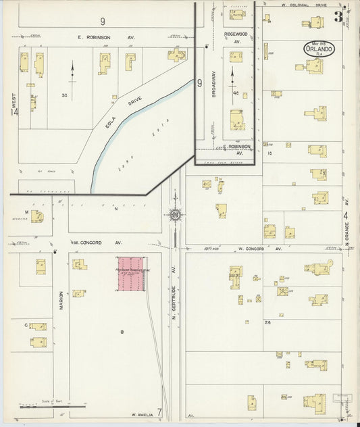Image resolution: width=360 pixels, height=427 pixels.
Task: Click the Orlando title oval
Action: pyautogui.click(x=318, y=49)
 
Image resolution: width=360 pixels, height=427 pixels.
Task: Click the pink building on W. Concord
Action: pyautogui.click(x=131, y=274)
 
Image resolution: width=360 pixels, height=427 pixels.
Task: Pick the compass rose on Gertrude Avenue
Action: pyautogui.click(x=175, y=216)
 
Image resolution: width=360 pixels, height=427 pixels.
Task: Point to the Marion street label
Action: pyautogui.click(x=61, y=299)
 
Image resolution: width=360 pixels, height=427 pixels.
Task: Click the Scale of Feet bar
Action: pyautogui.click(x=53, y=407)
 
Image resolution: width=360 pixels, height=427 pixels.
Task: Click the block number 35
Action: pyautogui.click(x=65, y=95)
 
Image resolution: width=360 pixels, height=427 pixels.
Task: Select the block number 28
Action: pyautogui.click(x=267, y=322)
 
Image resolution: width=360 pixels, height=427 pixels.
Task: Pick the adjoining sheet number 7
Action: pyautogui.click(x=160, y=411)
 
